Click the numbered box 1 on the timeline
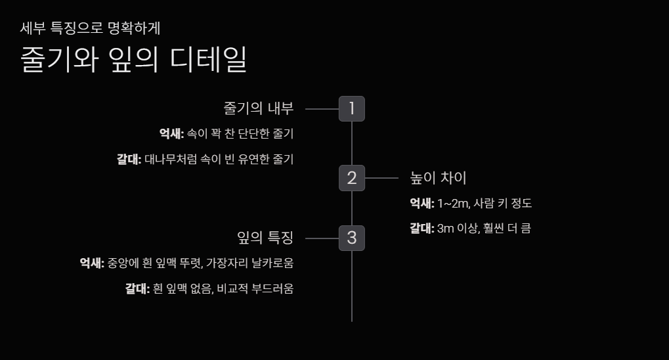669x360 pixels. (351, 108)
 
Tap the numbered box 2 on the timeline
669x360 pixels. (351, 177)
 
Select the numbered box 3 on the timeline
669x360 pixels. (351, 237)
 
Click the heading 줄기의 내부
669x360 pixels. (259, 108)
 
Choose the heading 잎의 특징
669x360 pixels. (265, 237)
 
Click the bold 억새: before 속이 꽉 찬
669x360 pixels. (171, 134)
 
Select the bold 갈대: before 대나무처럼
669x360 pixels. (129, 159)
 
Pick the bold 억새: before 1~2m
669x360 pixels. (422, 204)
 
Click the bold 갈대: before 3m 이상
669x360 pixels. (422, 229)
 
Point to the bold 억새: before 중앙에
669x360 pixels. (92, 263)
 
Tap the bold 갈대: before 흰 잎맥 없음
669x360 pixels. (138, 288)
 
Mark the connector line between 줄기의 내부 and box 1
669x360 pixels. (322, 109)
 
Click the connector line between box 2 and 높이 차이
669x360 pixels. (381, 178)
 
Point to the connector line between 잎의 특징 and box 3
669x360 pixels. (322, 238)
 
